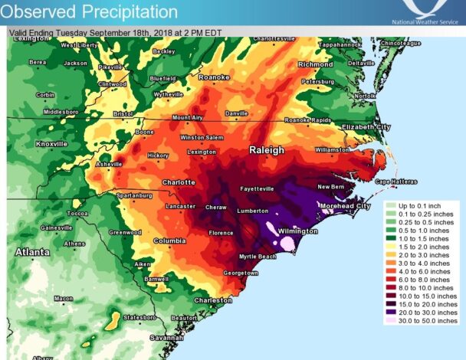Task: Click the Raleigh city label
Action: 266,151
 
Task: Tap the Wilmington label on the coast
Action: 297,231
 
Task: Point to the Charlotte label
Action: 178,182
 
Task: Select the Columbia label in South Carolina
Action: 170,241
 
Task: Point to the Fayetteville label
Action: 258,188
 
